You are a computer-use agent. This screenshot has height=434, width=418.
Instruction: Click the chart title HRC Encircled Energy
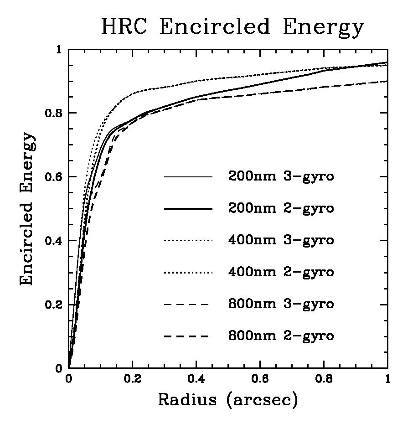tap(232, 27)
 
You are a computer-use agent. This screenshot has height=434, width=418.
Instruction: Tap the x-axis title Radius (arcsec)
tap(228, 400)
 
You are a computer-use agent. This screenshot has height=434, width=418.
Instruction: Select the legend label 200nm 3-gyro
tap(281, 176)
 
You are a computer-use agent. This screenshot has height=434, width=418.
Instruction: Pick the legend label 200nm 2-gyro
tap(281, 208)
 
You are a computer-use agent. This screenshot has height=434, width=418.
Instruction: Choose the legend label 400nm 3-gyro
tap(281, 240)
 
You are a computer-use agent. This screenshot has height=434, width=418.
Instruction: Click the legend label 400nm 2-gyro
tap(281, 272)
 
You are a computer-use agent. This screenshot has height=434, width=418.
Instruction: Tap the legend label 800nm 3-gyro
tap(281, 304)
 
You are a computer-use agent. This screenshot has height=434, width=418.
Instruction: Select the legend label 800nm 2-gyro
tap(281, 336)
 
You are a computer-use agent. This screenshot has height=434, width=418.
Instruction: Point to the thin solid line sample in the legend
tap(188, 176)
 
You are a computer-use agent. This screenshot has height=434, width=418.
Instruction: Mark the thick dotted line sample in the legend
tap(188, 272)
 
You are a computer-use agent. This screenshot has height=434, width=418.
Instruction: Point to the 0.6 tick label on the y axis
tap(55, 177)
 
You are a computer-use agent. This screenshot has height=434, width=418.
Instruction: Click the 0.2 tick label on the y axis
tap(55, 305)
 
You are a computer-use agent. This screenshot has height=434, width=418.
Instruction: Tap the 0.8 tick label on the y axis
tap(55, 113)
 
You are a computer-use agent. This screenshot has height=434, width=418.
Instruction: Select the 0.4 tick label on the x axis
tap(196, 379)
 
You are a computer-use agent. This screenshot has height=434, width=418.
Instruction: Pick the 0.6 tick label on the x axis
tap(260, 379)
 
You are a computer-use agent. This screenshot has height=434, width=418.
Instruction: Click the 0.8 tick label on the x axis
tap(324, 379)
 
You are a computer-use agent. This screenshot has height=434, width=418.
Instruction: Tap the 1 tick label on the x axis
tap(387, 379)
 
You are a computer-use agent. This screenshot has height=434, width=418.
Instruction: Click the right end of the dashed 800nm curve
tap(387, 81)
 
